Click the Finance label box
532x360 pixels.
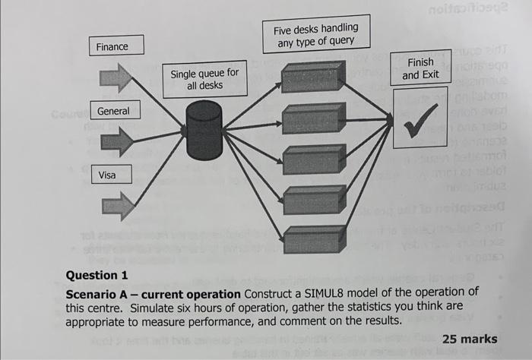pos(112,47)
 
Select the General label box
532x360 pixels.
pos(113,112)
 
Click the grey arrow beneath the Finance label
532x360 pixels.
pos(116,77)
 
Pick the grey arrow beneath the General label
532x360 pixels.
pos(116,141)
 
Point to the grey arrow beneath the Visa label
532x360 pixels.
pos(117,205)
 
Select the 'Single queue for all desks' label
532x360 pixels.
pos(204,79)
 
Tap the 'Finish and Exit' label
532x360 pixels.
pos(420,68)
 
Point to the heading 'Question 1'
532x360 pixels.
pos(91,276)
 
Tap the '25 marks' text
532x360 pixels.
pos(470,339)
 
